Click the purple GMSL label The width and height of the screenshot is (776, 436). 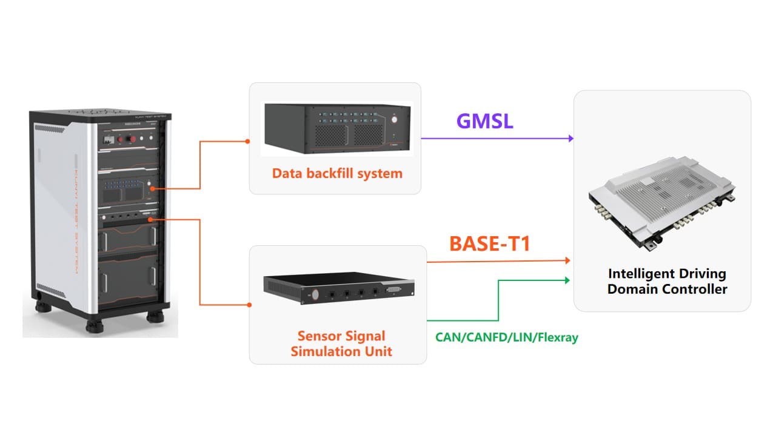tap(484, 121)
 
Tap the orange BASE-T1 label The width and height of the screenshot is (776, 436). tap(490, 243)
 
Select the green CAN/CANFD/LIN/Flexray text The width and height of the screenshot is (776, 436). tap(506, 337)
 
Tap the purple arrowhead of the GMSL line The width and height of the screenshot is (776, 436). tap(570, 138)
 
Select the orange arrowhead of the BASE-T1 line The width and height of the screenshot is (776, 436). tap(567, 261)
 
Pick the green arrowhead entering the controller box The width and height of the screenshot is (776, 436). tap(567, 280)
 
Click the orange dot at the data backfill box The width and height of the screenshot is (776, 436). tap(247, 142)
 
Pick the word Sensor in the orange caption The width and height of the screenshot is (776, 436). tap(316, 336)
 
